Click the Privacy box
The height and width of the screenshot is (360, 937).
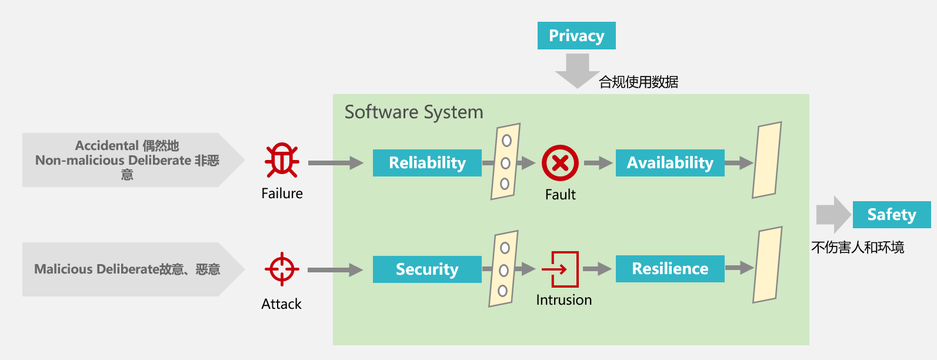576,36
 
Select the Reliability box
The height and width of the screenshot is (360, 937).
427,163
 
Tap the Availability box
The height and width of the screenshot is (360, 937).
670,163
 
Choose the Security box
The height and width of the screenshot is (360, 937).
427,269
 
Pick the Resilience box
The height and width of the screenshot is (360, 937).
670,269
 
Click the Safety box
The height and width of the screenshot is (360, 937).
892,215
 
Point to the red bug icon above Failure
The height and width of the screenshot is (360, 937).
282,160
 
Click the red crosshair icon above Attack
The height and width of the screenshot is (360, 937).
282,269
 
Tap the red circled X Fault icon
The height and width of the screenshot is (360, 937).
560,163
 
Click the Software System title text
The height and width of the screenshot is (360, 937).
414,112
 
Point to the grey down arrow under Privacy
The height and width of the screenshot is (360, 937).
577,69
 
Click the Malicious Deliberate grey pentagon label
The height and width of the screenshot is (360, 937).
127,269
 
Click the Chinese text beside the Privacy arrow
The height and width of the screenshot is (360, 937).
638,82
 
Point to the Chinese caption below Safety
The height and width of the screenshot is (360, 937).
858,248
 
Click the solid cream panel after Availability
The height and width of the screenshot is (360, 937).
767,160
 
